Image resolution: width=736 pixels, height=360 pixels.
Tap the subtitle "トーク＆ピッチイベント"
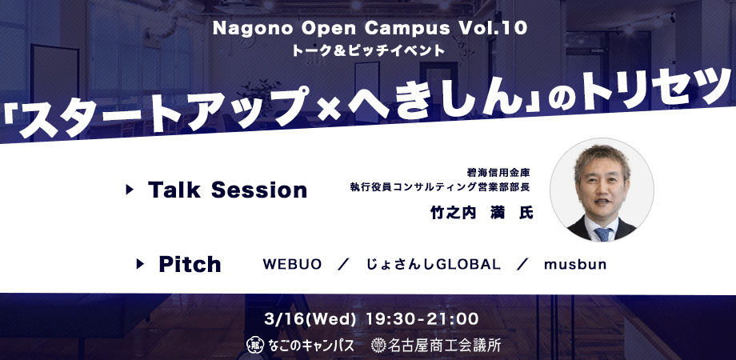(368, 50)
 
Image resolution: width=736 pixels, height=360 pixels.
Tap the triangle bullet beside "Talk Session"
(130, 190)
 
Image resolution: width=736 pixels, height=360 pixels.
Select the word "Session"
(259, 190)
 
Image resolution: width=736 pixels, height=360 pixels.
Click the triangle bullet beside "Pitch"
(140, 264)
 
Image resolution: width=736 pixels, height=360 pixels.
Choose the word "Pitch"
(190, 264)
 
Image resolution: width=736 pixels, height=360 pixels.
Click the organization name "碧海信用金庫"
(498, 172)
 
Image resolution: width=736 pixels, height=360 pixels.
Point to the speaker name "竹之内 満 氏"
(482, 213)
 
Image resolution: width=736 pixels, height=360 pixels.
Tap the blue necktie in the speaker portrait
(602, 234)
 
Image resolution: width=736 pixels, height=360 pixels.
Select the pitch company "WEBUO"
(292, 264)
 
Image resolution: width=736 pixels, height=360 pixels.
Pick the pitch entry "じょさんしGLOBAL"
(434, 264)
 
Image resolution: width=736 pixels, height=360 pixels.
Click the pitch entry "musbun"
(575, 264)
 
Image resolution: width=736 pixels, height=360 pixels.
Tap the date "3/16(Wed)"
(310, 320)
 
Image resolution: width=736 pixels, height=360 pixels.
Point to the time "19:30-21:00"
(422, 320)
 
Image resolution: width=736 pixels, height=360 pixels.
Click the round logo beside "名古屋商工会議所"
(378, 346)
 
